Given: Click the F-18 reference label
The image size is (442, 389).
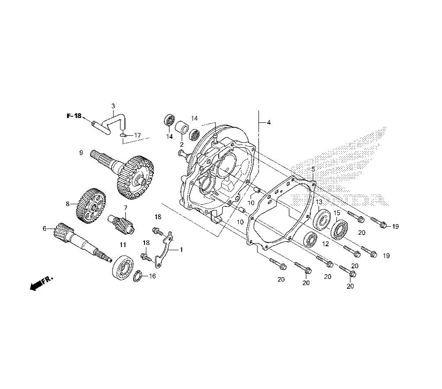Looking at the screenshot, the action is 74,115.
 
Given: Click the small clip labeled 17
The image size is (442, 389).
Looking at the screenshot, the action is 122,135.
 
